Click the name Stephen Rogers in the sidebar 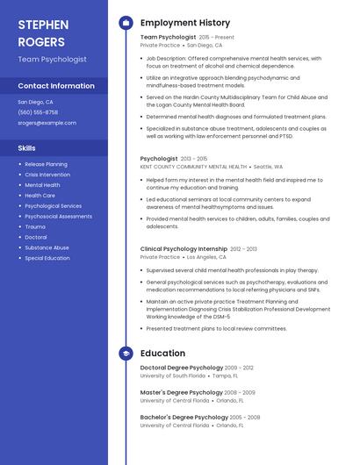point(41,32)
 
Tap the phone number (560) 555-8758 point(38,112)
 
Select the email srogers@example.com point(47,123)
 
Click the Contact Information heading point(56,86)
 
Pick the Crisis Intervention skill point(47,175)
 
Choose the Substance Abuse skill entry point(47,247)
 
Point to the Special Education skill point(47,258)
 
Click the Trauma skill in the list point(35,226)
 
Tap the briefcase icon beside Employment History point(126,23)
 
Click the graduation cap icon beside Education point(126,353)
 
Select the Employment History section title point(185,23)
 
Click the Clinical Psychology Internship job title point(184,249)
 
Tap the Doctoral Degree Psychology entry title point(182,368)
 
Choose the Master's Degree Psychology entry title point(182,392)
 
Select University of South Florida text point(173,376)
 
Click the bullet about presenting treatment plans point(216,328)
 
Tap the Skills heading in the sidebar point(26,148)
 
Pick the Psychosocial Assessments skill point(58,216)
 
